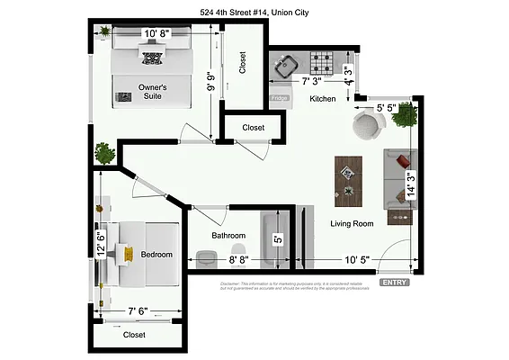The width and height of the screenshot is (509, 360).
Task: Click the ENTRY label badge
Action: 394,282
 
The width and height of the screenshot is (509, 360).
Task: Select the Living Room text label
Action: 352,223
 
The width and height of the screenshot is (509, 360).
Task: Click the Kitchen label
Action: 323,98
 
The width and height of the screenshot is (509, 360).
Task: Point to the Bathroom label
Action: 228,236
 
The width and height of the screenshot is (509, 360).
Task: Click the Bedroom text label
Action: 156,255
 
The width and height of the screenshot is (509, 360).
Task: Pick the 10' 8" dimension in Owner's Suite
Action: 158,35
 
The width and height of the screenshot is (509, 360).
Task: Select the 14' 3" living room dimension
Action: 411,184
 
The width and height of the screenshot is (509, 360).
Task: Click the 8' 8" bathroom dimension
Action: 237,260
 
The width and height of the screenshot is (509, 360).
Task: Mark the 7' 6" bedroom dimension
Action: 138,312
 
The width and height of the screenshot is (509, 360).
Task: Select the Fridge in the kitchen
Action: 280,97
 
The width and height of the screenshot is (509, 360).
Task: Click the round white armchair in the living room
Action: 367,125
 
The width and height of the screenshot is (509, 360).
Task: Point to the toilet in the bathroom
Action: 237,251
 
